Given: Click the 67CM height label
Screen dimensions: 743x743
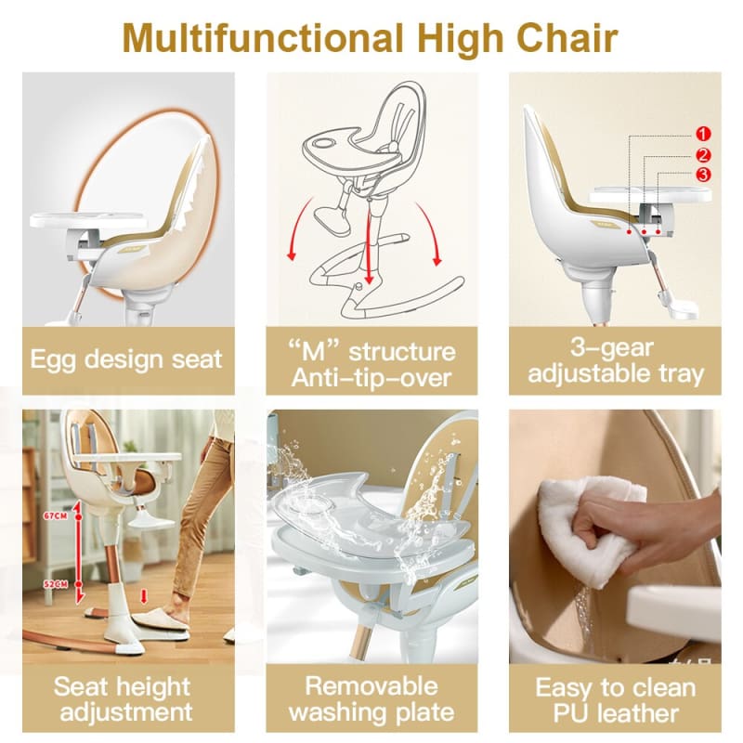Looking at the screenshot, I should tap(58, 514).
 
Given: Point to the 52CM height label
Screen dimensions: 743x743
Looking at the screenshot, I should tap(58, 582).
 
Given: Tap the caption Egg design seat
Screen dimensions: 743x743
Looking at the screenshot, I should tap(126, 358).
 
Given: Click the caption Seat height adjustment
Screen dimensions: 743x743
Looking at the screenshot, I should tap(126, 698).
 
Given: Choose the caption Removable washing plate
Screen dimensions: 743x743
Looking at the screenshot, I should tap(371, 698).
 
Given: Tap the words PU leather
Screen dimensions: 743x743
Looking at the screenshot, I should tap(615, 712).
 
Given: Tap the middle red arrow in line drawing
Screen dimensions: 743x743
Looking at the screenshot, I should tap(371, 255).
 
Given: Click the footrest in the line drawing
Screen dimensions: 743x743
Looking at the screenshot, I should tap(332, 220).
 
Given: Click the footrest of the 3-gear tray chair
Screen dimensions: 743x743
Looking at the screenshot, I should tap(676, 305).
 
